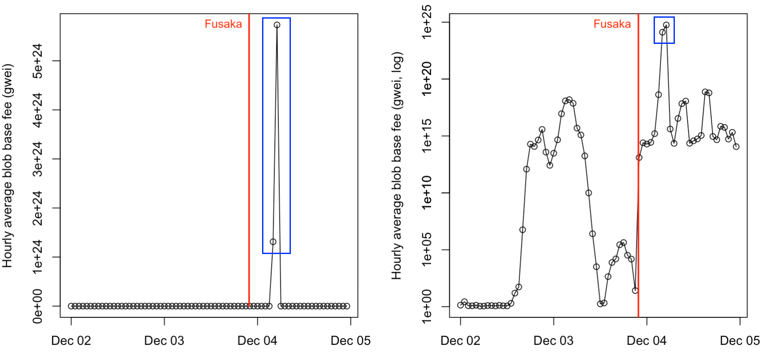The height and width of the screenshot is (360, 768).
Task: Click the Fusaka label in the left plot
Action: (223, 24)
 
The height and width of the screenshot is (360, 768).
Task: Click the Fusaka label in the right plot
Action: (612, 24)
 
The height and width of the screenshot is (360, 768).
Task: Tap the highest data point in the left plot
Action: (277, 25)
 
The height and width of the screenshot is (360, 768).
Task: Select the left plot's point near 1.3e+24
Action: (273, 242)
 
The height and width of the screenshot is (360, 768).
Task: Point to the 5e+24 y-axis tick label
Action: (38, 61)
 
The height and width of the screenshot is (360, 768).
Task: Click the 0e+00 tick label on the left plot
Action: (38, 306)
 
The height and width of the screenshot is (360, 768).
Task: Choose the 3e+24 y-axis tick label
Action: (38, 159)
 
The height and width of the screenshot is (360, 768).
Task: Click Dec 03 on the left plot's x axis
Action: (164, 340)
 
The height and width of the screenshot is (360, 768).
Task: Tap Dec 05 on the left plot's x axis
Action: (350, 340)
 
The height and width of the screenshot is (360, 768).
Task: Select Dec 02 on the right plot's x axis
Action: (460, 340)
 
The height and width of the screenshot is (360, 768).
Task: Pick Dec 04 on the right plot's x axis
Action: (647, 340)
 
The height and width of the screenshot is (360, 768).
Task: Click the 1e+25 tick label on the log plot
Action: (427, 22)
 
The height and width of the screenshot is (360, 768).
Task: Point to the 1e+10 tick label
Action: (427, 193)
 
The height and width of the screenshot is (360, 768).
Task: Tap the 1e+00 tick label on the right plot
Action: (427, 306)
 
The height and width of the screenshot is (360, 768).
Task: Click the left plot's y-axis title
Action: (8, 166)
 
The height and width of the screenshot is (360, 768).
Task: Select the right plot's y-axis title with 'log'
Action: (396, 166)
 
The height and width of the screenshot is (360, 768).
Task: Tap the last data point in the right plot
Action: (736, 147)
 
